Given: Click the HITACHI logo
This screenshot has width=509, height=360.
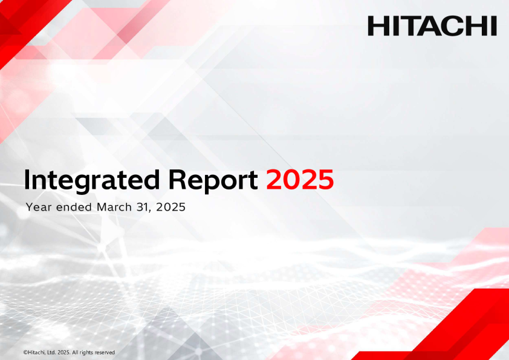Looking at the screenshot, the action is coord(432,26).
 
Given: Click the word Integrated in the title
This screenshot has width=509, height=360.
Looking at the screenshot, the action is coord(92,180).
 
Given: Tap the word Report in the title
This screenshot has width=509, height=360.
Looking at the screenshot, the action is coord(213,181).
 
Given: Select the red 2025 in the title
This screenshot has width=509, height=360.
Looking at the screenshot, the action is coord(300,179).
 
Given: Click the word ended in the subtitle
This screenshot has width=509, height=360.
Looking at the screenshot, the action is coord(74,207).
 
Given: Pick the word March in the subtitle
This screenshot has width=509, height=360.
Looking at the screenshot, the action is coord(114,207).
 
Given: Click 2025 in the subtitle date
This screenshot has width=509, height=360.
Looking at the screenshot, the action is coord(170,207).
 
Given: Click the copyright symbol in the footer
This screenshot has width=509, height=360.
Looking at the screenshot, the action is coord(25,353).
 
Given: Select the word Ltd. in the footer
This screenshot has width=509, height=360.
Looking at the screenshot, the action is coord(52,353).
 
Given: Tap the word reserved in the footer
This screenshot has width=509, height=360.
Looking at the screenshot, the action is coord(104,353).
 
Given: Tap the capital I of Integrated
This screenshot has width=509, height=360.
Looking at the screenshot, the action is coord(27,180).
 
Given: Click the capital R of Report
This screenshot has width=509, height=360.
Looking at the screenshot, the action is coord(177,180).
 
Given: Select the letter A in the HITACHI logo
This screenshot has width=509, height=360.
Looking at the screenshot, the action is coord(432,26).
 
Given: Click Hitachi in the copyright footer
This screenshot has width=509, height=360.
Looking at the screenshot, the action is coord(36,353).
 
